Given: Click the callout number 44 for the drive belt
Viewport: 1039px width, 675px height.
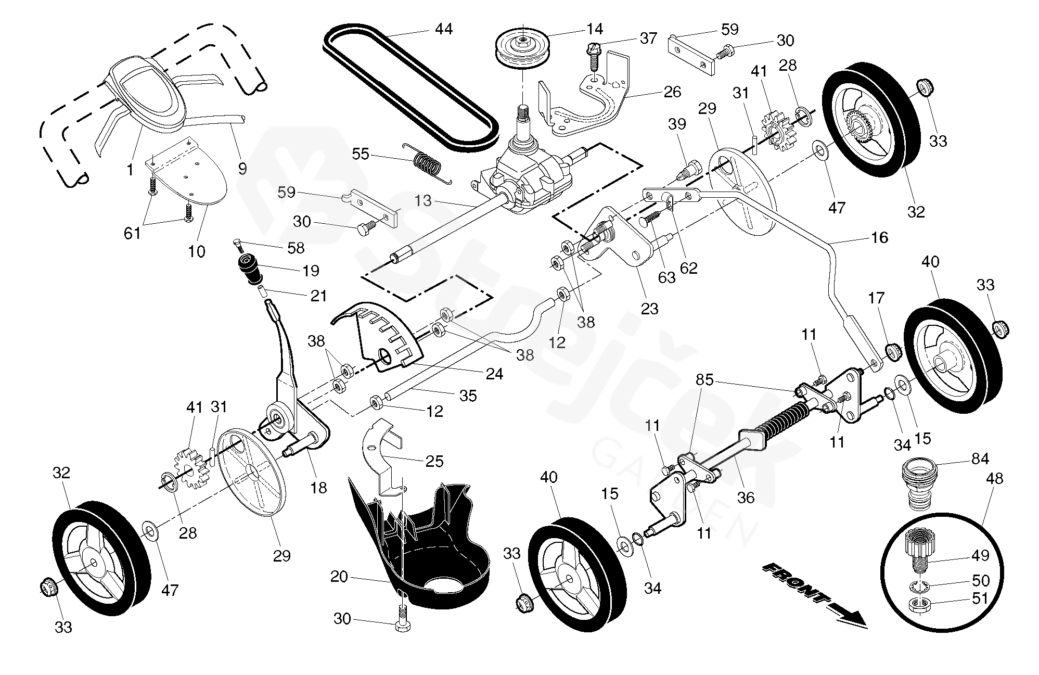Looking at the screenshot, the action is tap(444, 29).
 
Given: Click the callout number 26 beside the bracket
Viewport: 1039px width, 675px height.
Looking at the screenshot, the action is tap(672, 92).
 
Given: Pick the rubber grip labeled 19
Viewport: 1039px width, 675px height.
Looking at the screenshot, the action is tap(250, 268).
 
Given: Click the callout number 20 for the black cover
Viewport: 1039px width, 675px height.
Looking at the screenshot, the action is tap(339, 577).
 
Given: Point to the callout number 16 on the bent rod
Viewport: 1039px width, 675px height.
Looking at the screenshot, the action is tap(879, 238).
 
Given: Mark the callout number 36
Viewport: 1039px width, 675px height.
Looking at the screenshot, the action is tap(746, 498).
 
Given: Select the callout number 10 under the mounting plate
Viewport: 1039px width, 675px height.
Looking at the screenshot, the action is tap(197, 252).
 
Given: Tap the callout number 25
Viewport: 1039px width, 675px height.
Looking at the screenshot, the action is tap(434, 461).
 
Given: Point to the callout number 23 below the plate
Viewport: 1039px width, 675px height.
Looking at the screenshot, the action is tap(649, 309).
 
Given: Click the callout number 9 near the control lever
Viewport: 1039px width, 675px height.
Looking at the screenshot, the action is tap(242, 169).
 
